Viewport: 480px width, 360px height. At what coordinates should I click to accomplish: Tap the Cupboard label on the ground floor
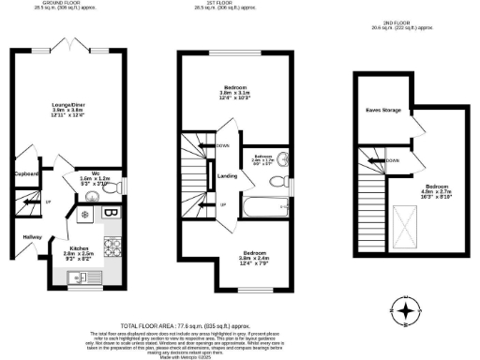[26, 173]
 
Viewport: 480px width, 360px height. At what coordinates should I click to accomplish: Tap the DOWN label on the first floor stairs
[222, 145]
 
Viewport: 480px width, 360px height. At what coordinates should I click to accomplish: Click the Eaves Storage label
[382, 111]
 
